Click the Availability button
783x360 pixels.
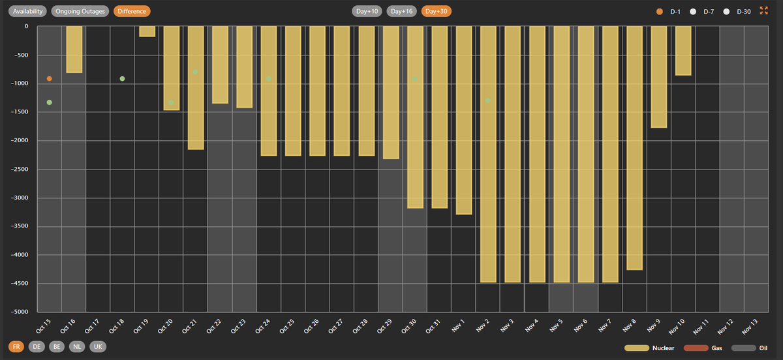point(27,11)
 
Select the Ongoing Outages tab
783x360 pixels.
point(80,11)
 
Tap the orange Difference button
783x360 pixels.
point(132,11)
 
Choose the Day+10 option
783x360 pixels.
point(367,11)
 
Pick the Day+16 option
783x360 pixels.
point(402,11)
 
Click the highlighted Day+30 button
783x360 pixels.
point(437,11)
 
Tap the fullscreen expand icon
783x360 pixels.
point(765,11)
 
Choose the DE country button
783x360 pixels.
point(37,347)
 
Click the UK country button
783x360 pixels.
point(98,347)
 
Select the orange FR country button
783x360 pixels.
point(16,347)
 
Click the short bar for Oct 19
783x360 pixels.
point(147,31)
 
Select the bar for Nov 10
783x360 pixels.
point(683,51)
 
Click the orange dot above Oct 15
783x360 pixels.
point(50,79)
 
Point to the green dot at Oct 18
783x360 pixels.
point(122,79)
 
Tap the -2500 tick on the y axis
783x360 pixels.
point(22,170)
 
